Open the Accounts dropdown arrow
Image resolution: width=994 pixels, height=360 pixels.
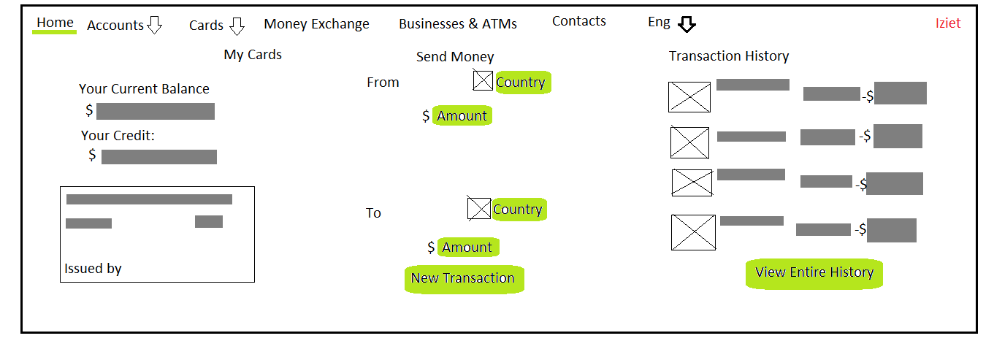tap(154, 25)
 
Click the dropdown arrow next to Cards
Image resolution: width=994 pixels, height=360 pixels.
tap(237, 26)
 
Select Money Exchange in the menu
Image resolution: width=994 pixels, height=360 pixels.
tap(316, 24)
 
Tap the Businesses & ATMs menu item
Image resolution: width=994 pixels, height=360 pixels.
tap(457, 24)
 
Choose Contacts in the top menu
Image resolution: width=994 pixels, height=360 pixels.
tap(578, 21)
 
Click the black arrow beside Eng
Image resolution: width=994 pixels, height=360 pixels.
tap(687, 24)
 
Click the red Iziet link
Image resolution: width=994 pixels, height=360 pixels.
tap(948, 23)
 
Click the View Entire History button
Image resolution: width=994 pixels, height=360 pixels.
tap(814, 273)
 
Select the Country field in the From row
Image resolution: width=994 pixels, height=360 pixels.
tap(523, 82)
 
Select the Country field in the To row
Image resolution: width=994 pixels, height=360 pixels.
tap(519, 209)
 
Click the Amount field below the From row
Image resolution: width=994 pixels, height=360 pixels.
tap(462, 115)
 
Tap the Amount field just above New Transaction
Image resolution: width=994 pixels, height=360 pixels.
tap(468, 247)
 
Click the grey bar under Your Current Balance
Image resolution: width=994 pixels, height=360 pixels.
tap(156, 112)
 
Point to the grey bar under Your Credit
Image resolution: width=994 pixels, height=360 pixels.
tap(159, 157)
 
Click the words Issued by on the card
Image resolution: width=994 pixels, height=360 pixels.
tap(93, 269)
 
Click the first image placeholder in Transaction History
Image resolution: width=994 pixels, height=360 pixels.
tap(689, 97)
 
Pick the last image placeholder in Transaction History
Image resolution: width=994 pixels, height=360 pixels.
tap(693, 232)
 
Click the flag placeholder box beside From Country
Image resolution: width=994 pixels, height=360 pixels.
tap(483, 80)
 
